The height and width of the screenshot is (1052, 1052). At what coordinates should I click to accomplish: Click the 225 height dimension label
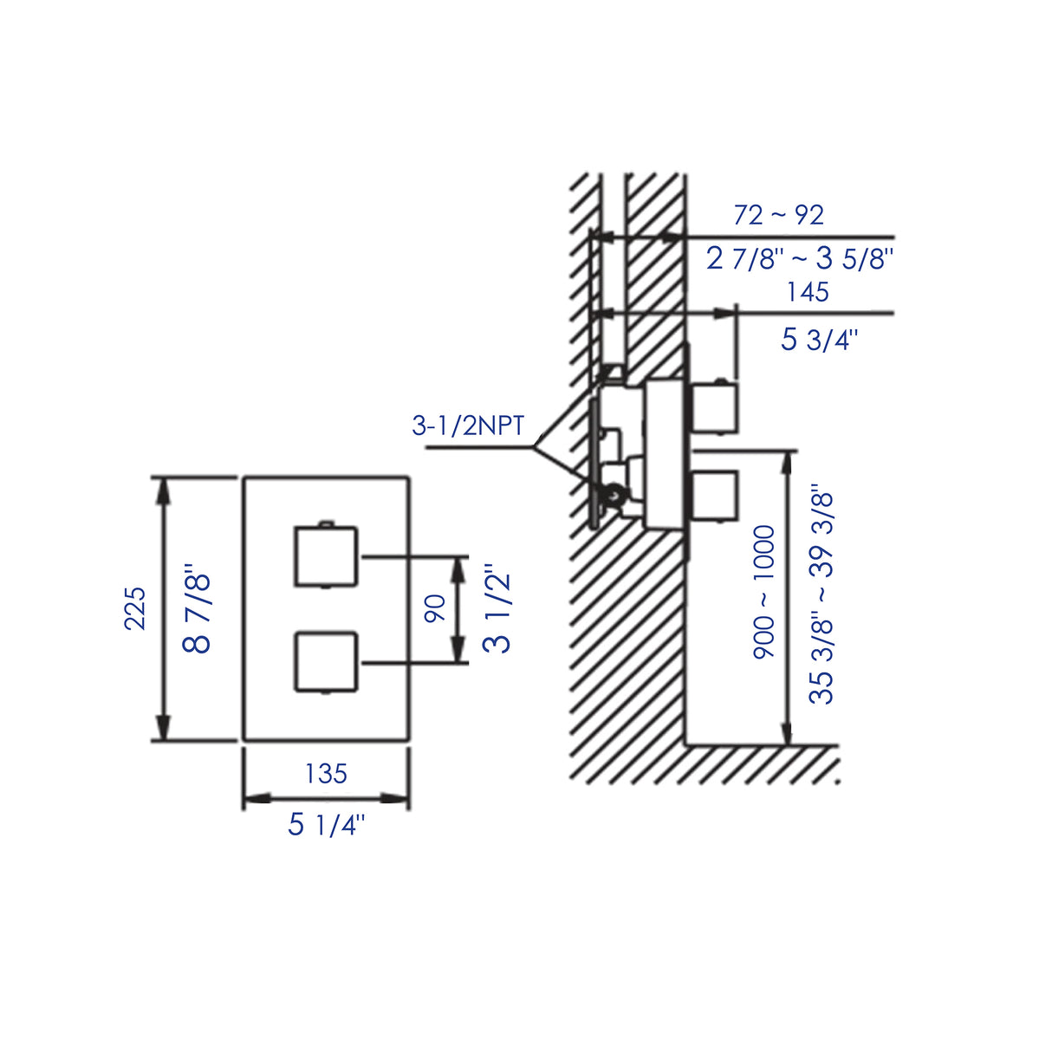(x=135, y=608)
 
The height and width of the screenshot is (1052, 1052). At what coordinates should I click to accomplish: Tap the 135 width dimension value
(x=326, y=773)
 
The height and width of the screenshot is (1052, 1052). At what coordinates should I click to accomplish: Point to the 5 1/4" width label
(x=327, y=824)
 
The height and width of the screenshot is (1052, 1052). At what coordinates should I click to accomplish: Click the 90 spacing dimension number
(x=435, y=607)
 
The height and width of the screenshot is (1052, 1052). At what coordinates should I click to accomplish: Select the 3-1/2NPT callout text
(x=468, y=426)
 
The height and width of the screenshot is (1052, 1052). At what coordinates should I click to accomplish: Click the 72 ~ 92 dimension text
(x=778, y=214)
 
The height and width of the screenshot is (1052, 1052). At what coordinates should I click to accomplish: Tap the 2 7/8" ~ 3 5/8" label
(x=799, y=258)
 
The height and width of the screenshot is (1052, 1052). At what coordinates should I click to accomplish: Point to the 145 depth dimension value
(x=808, y=292)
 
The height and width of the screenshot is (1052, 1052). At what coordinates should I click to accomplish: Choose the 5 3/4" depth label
(x=818, y=339)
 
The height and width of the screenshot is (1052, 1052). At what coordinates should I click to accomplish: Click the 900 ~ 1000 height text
(x=763, y=591)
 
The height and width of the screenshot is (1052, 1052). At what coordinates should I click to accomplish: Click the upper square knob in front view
(x=326, y=556)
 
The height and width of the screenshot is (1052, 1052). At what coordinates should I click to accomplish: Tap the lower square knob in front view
(x=326, y=663)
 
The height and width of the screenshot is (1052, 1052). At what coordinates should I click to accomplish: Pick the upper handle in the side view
(x=714, y=408)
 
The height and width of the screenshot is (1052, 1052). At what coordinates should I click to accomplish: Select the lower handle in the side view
(x=714, y=496)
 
